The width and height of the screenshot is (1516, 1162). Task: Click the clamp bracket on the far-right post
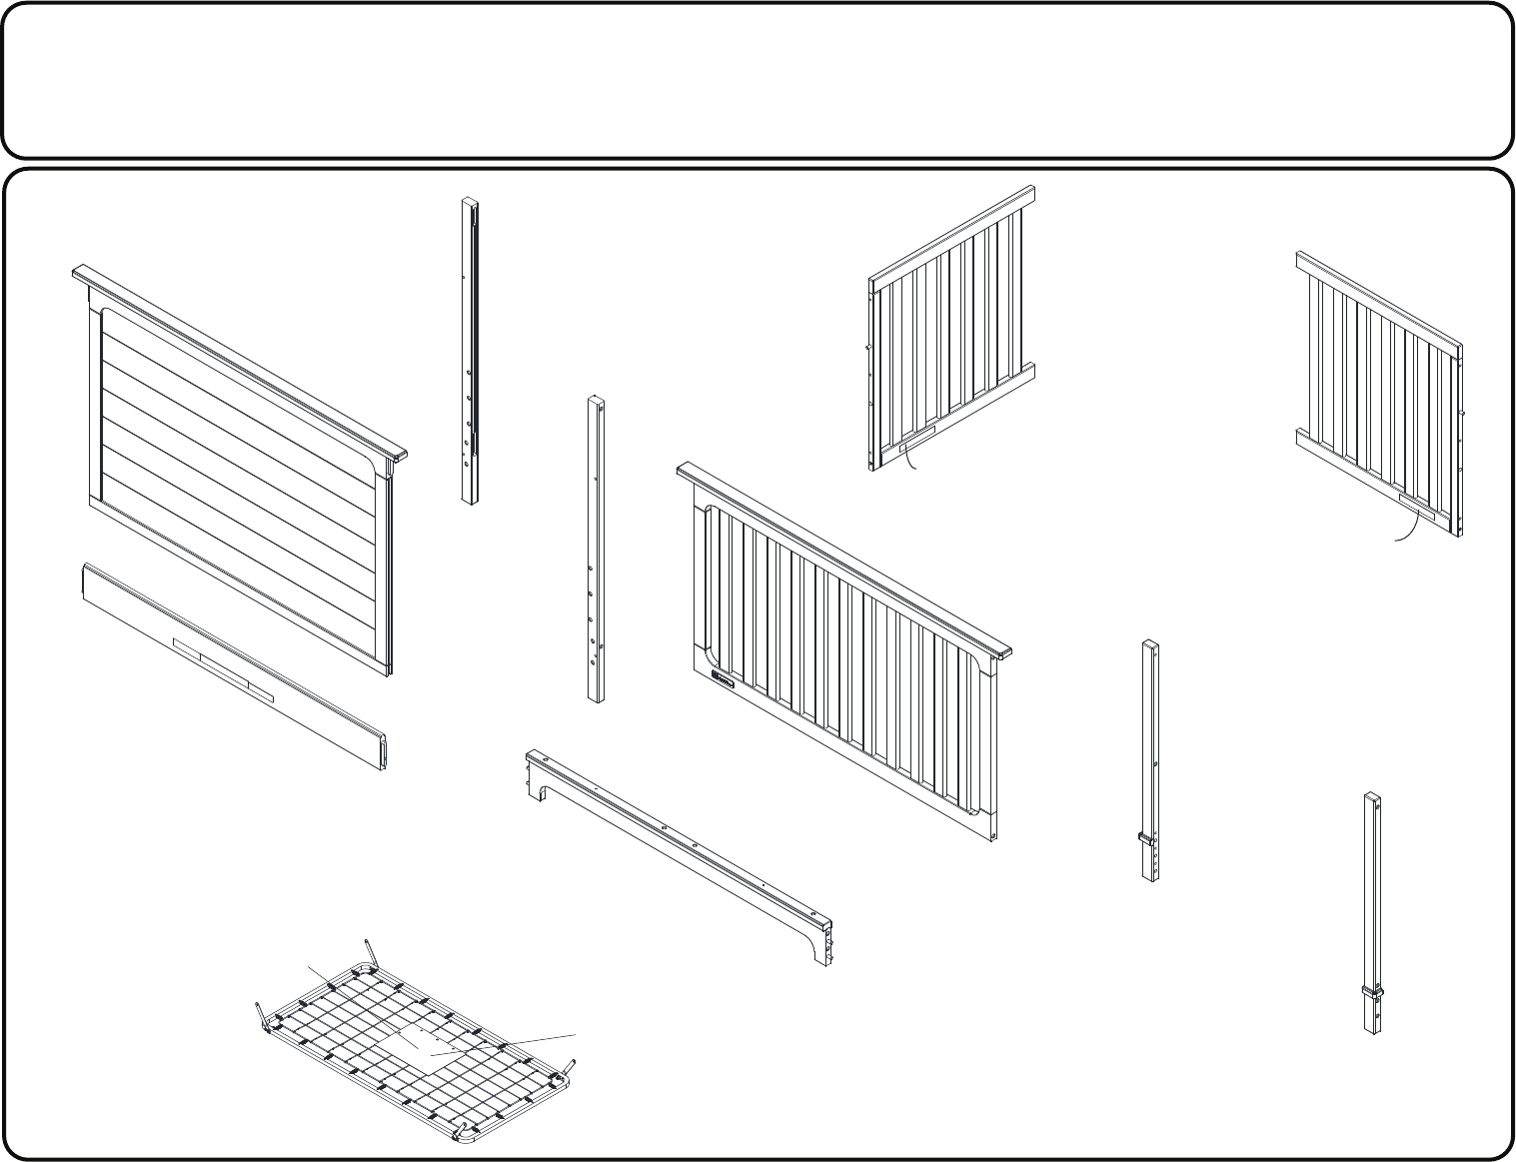[x=1373, y=992]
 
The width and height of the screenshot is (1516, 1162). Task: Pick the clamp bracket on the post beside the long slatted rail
[x=1149, y=837]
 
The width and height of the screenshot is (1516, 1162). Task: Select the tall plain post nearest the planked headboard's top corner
[x=470, y=350]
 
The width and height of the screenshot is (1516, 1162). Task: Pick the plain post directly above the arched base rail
[x=596, y=550]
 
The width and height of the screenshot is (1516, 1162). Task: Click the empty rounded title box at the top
[x=758, y=80]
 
